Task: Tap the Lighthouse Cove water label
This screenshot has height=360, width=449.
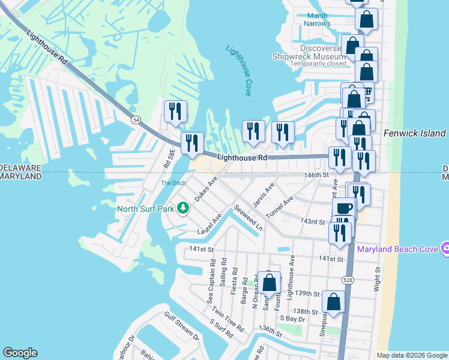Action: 238,70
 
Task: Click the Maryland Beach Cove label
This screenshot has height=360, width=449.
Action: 397,248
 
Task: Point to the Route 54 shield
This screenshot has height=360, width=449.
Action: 137,121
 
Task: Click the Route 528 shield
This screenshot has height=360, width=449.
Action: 348,280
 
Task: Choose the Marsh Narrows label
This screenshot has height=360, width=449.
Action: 319,20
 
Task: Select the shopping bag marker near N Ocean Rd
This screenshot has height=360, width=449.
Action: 270,282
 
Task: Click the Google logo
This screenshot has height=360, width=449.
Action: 20,353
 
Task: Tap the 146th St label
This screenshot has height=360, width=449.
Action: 318,175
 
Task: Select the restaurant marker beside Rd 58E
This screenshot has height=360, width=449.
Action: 176,112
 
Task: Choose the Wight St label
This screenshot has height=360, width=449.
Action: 378,278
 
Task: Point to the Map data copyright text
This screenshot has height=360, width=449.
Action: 412,355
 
